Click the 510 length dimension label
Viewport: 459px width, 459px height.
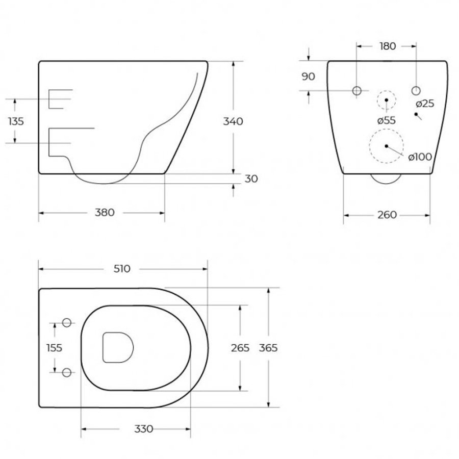point(122,269)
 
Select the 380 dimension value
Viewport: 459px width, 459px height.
point(105,213)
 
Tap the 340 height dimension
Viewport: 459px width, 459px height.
point(233,121)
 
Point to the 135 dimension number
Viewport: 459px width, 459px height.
point(16,121)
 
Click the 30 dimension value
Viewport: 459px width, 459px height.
point(251,179)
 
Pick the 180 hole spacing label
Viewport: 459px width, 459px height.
point(388,46)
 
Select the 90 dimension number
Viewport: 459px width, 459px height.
point(308,76)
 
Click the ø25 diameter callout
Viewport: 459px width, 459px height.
point(425,104)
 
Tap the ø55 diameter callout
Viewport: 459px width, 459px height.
point(387,120)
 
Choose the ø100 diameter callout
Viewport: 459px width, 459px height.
point(420,157)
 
